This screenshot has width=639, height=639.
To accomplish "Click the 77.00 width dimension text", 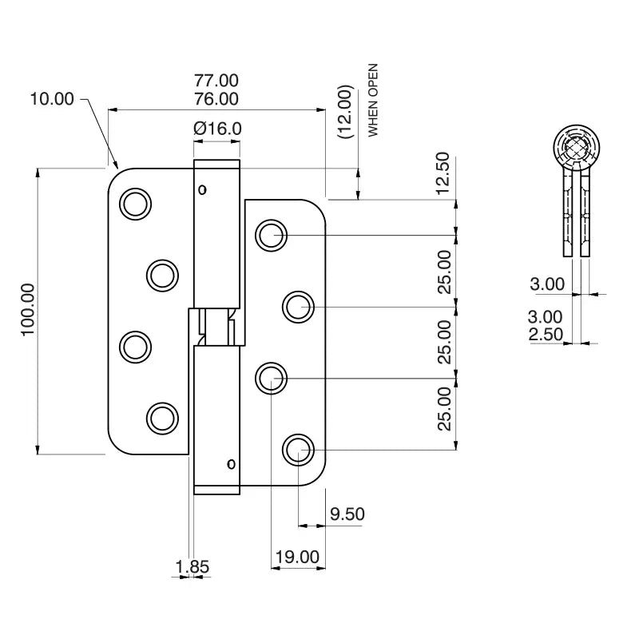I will [216, 81].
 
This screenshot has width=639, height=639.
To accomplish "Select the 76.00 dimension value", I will [216, 99].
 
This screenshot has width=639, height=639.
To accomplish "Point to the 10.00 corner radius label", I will [52, 99].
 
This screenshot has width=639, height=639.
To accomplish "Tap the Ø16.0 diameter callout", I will [217, 128].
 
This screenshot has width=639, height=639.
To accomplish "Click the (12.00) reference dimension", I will [345, 113].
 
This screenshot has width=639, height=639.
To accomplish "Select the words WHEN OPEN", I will [373, 101].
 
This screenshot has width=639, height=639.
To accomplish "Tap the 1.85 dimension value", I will [192, 566].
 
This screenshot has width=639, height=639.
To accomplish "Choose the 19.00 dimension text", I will [296, 557].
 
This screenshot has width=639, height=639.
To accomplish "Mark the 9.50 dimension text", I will [347, 514].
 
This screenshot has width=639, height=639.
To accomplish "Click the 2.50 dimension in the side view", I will [546, 335].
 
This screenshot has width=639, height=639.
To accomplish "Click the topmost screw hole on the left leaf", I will [136, 204].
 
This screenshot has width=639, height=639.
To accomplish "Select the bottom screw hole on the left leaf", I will [162, 418].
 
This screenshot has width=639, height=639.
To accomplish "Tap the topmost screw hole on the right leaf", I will [272, 235].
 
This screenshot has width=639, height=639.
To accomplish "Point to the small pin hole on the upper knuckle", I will [202, 189].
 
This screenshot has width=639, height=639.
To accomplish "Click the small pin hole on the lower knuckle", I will [231, 464].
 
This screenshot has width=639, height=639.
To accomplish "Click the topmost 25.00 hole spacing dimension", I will [445, 271].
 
